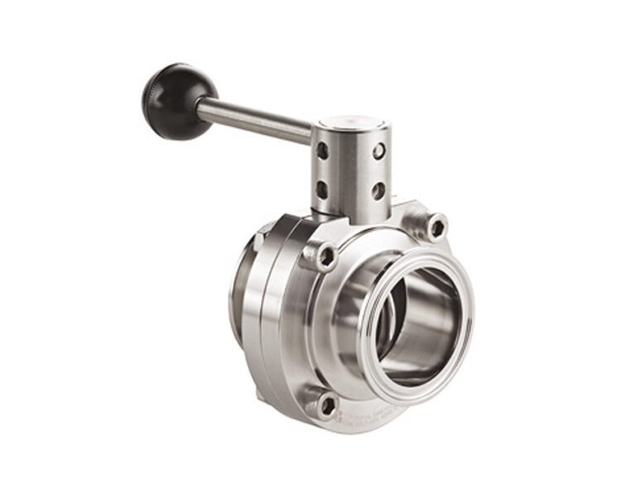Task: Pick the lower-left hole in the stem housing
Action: pyautogui.click(x=321, y=189)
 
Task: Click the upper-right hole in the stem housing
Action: pyautogui.click(x=378, y=151)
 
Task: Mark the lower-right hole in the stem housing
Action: pyautogui.click(x=378, y=190)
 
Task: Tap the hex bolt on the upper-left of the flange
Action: pyautogui.click(x=325, y=257)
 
